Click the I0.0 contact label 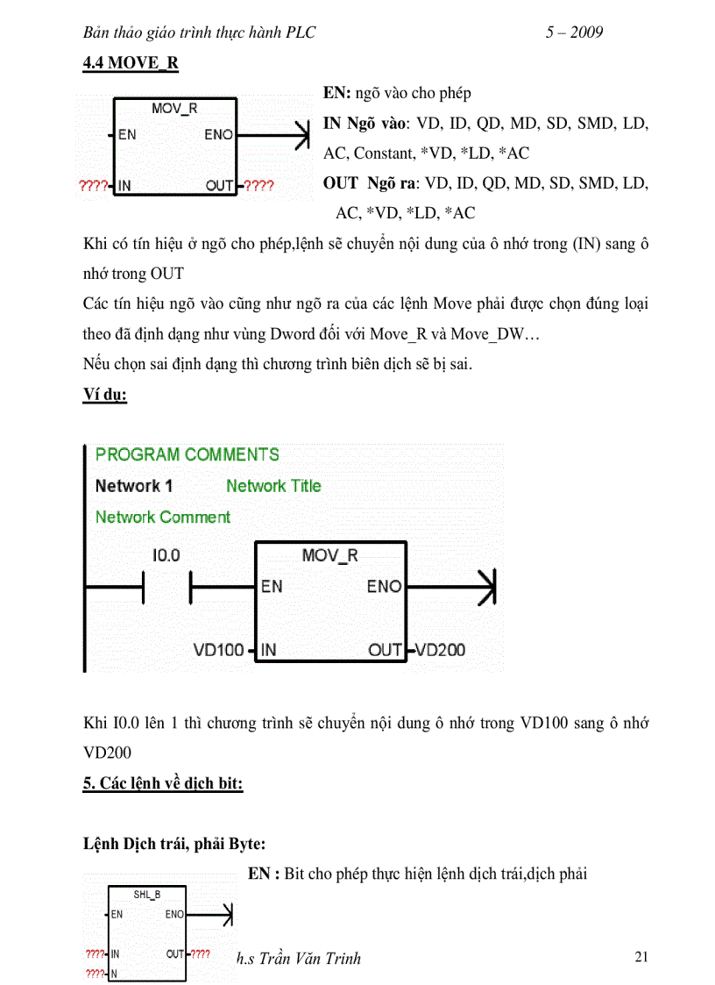[x=166, y=555]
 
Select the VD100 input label [x=218, y=650]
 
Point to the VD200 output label [x=440, y=650]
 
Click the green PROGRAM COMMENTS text [x=188, y=454]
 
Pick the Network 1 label [x=134, y=486]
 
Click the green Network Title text [x=273, y=486]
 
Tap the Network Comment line [x=163, y=517]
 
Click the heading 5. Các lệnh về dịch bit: [x=163, y=783]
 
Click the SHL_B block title [x=146, y=894]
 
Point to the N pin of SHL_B [x=114, y=974]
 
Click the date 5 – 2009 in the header [x=574, y=32]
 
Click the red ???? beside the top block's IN [x=93, y=186]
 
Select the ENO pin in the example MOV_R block [x=384, y=586]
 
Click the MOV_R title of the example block [x=329, y=555]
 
